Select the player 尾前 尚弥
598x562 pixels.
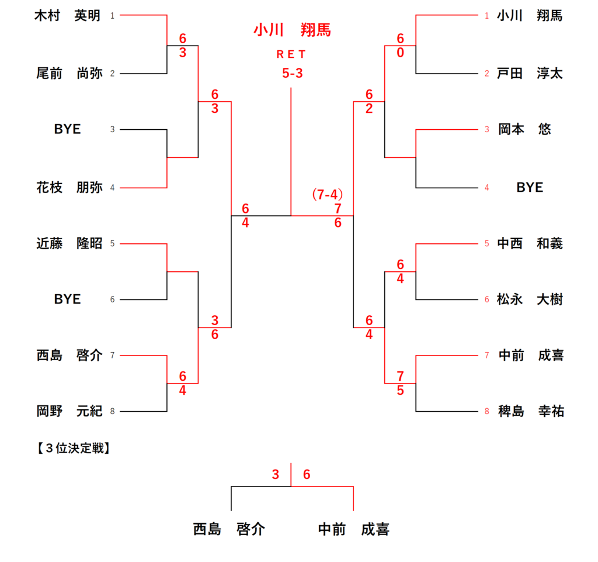(x=69, y=73)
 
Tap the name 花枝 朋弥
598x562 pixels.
(x=69, y=188)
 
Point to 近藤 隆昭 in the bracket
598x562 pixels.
(x=69, y=243)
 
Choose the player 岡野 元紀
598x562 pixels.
(x=69, y=411)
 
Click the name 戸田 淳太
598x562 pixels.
(x=530, y=73)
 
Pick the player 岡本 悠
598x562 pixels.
(x=524, y=129)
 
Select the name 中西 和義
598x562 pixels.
(x=530, y=243)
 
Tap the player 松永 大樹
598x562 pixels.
(x=530, y=299)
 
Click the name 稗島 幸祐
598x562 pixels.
(x=530, y=411)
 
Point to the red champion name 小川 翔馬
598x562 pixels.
(x=292, y=30)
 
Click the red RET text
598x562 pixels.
(x=291, y=54)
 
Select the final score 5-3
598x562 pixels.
(x=291, y=74)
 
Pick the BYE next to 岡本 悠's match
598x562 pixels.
(x=530, y=187)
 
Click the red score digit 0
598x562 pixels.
(x=401, y=52)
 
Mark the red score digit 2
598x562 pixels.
(x=369, y=108)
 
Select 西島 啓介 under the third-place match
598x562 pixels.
(x=229, y=529)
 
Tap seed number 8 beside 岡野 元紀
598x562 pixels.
(x=112, y=412)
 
